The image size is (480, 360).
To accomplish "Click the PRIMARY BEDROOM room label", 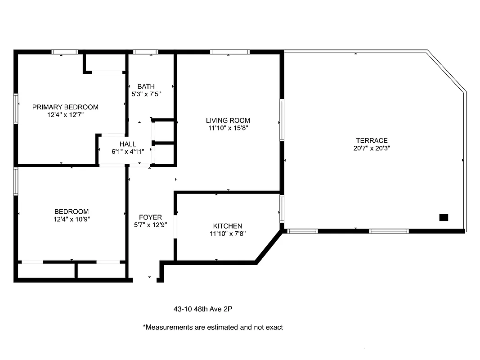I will coord(65,107).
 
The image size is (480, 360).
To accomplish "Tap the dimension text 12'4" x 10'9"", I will coord(72,219).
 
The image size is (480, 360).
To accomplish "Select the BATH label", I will coord(146,86).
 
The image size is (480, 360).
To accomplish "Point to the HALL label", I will coord(128,144).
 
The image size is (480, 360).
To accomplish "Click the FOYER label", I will coord(150,217).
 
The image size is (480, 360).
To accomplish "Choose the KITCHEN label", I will coord(228,226).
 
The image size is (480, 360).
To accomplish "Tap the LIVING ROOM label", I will coord(228,120).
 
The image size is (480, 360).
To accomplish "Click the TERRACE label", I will coord(372,140).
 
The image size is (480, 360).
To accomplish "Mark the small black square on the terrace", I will coord(444,217).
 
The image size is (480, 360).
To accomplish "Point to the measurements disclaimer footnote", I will coord(213,327).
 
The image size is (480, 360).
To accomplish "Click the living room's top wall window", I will coord(230,52).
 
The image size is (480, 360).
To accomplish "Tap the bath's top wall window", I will coord(146,52).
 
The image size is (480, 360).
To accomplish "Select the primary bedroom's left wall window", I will coord(16,108).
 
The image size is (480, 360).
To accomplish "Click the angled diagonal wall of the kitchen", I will coord(269,246).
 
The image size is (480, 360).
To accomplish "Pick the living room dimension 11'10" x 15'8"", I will coord(228,128).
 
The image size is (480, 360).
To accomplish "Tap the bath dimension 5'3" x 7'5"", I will coord(146,94).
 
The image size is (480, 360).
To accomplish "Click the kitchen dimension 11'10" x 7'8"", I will coord(228,234).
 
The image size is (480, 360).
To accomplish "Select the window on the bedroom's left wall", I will coord(16,181).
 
